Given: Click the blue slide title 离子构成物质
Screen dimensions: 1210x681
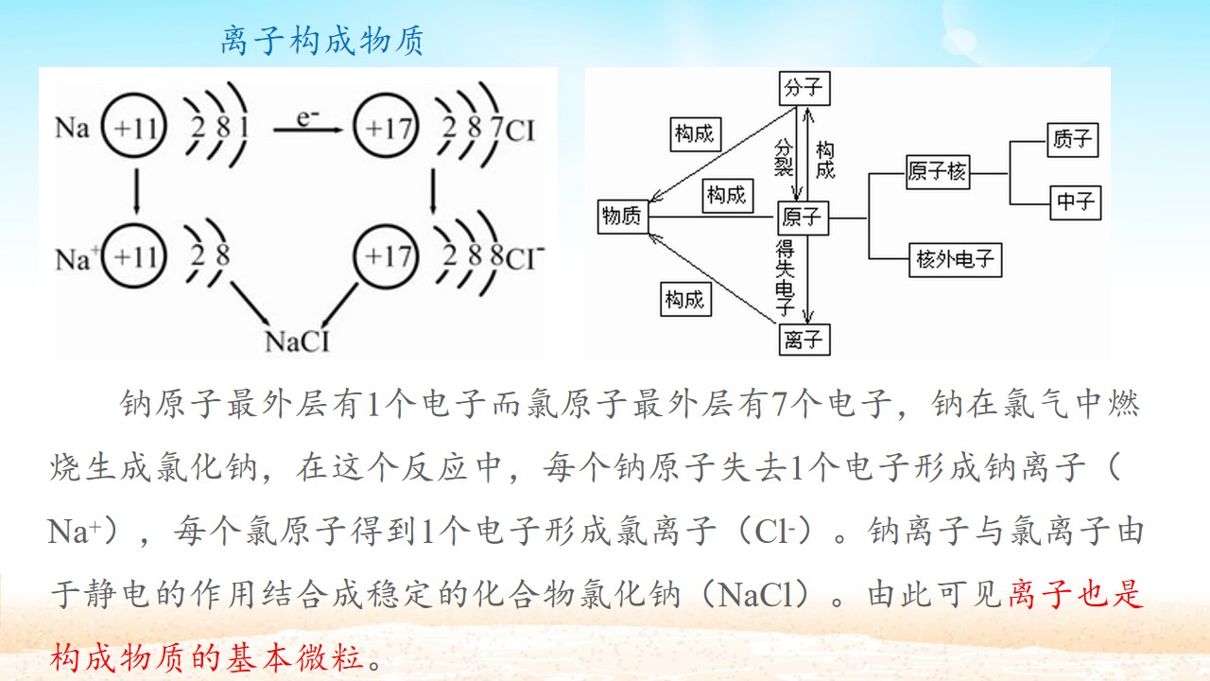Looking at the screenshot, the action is [x=322, y=40].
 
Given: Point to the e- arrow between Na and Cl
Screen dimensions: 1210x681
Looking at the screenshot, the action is [x=308, y=130].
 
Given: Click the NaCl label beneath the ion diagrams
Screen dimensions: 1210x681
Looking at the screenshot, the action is [x=297, y=341].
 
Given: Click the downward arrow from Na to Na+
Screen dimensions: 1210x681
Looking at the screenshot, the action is [x=136, y=191].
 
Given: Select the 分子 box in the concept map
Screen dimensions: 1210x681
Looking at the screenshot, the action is [x=804, y=88].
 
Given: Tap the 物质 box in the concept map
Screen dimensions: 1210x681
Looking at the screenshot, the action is [x=623, y=217].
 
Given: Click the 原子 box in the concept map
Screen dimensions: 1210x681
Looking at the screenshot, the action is [x=803, y=218].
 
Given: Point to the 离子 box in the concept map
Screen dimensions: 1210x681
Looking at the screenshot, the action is [x=804, y=340].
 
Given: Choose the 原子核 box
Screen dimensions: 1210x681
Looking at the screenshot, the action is [x=938, y=172].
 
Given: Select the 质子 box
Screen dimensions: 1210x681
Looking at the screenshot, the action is [x=1073, y=140].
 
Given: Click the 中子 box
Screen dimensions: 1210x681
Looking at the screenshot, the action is [x=1076, y=202].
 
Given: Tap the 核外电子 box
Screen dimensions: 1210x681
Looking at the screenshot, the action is [x=955, y=260].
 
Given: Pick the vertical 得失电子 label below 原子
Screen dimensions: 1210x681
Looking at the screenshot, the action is [x=785, y=277].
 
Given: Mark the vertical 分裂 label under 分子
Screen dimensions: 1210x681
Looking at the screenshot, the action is [x=784, y=158].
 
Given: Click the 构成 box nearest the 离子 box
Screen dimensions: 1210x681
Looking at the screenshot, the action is [x=685, y=300].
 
